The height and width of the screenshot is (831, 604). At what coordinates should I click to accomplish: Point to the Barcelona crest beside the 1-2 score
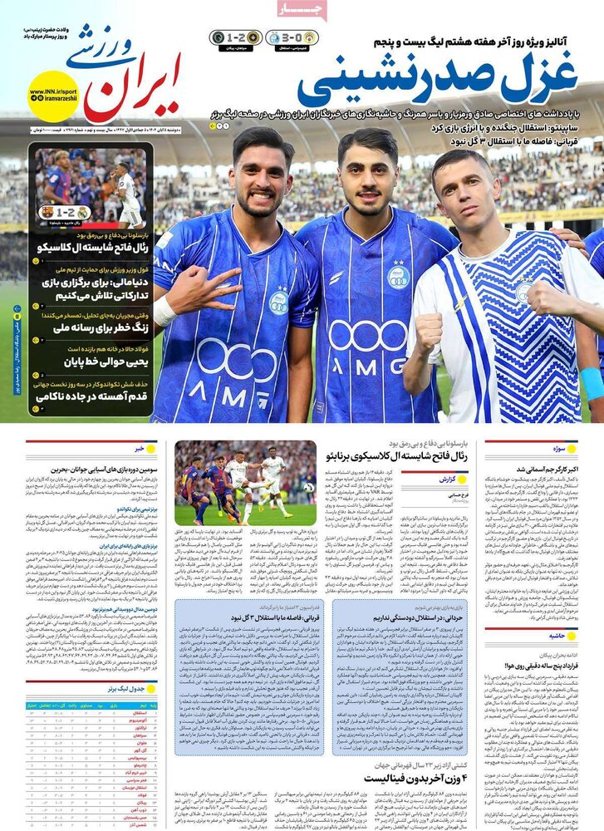point(47,212)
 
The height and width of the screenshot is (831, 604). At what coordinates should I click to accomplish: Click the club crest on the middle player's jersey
point(398,277)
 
